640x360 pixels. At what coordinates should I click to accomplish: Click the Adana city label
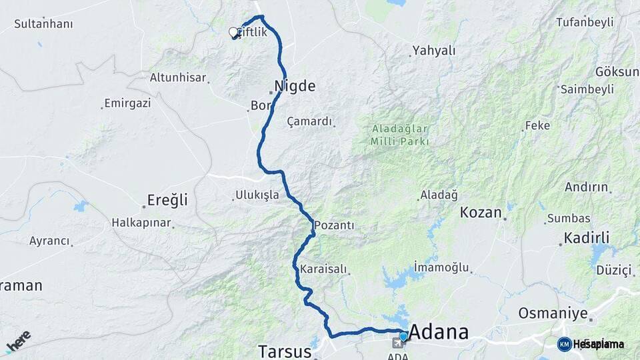coord(438,332)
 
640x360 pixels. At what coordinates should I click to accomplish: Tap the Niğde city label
coord(295,86)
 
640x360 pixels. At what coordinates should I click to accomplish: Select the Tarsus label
coord(285,351)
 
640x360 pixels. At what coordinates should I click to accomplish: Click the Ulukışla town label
coord(257,195)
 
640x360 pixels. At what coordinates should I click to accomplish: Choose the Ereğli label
coord(167,200)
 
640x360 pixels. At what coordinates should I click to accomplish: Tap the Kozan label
coord(481,213)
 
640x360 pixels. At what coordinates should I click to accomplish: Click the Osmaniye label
coord(553,313)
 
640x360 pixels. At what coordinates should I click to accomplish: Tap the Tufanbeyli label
coord(585,22)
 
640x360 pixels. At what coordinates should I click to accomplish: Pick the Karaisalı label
coord(323,269)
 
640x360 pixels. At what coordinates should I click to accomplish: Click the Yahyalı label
coord(434,50)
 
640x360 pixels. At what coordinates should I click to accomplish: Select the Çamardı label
coord(309,121)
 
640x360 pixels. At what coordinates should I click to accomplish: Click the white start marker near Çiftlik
coord(233,32)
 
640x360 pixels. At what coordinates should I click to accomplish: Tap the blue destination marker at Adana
coord(403,336)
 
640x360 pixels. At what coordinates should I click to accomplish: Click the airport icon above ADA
coord(399,343)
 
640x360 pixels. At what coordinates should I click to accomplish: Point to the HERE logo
coord(19,341)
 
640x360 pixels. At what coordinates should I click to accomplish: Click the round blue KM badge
coord(564,344)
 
